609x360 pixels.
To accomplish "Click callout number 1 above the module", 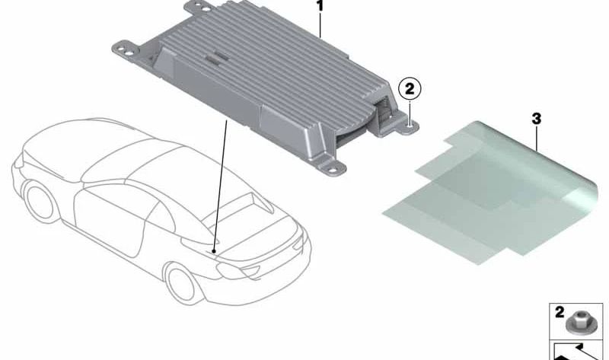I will click(320, 7).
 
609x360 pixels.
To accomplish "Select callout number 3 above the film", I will click(537, 119).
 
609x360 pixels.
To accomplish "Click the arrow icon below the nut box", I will click(578, 351).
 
